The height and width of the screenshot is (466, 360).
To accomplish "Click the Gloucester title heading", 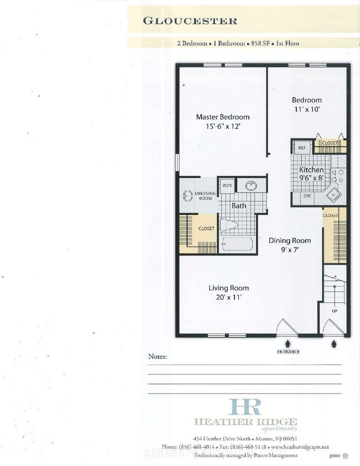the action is (190, 21).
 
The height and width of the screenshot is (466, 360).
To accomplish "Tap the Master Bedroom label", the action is (223, 117).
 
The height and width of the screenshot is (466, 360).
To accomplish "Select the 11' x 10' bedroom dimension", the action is (307, 109).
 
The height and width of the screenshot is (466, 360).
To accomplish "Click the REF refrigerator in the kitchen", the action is (302, 148).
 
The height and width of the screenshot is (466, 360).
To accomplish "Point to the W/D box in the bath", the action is (227, 186).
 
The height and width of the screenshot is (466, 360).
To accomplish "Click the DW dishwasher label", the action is (307, 196).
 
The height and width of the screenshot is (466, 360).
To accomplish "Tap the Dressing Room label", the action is (205, 196).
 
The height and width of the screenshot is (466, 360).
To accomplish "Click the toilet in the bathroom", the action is (228, 224).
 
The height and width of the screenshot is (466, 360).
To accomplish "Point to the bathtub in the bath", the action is (237, 244).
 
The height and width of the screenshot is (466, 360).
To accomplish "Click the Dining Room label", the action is (290, 240).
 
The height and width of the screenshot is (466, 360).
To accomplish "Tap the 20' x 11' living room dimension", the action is (229, 297).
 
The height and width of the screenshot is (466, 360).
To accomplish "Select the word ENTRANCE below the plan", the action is (289, 352).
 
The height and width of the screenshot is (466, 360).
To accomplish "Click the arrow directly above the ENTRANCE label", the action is (288, 344).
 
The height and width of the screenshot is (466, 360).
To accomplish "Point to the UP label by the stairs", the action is (335, 311).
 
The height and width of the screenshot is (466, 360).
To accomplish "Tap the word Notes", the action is (157, 356).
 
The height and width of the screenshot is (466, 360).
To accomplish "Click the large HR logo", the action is (245, 407).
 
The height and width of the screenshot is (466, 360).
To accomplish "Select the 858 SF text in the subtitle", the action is (260, 43).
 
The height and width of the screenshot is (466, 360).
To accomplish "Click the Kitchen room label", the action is (311, 170).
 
